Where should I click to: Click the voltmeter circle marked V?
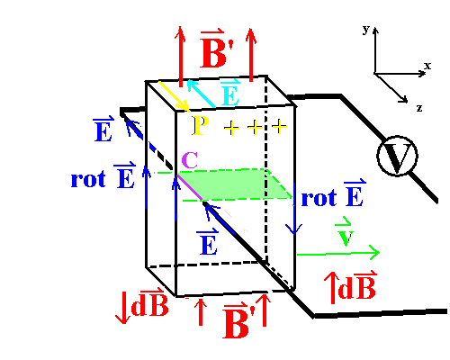click(397, 156)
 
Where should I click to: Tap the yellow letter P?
click(201, 125)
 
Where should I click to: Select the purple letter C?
click(190, 160)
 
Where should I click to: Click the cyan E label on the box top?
click(230, 92)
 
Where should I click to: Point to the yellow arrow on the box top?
click(174, 96)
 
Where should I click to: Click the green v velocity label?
click(344, 231)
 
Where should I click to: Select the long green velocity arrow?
click(338, 254)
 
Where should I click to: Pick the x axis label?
click(427, 66)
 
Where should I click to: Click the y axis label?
click(366, 30)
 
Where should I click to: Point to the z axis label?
click(419, 108)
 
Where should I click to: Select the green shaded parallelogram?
click(235, 184)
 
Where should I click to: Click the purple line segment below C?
click(190, 188)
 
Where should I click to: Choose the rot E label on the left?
click(103, 176)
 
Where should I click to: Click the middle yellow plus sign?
click(255, 127)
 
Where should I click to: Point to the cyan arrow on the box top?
click(201, 94)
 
